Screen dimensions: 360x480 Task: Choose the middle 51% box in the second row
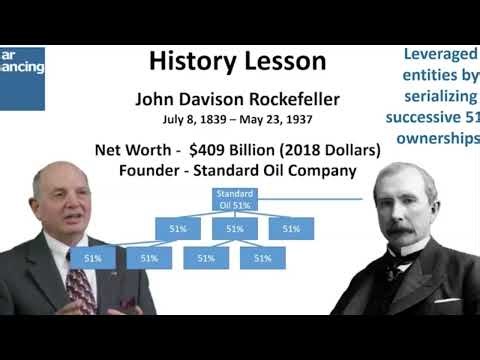pyautogui.click(x=235, y=229)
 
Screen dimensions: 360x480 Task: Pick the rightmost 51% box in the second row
pyautogui.click(x=291, y=229)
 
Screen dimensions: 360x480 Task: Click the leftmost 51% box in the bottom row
pyautogui.click(x=93, y=258)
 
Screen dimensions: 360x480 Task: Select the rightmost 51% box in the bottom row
pyautogui.click(x=263, y=258)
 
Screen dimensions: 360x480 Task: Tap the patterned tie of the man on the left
pyautogui.click(x=81, y=286)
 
